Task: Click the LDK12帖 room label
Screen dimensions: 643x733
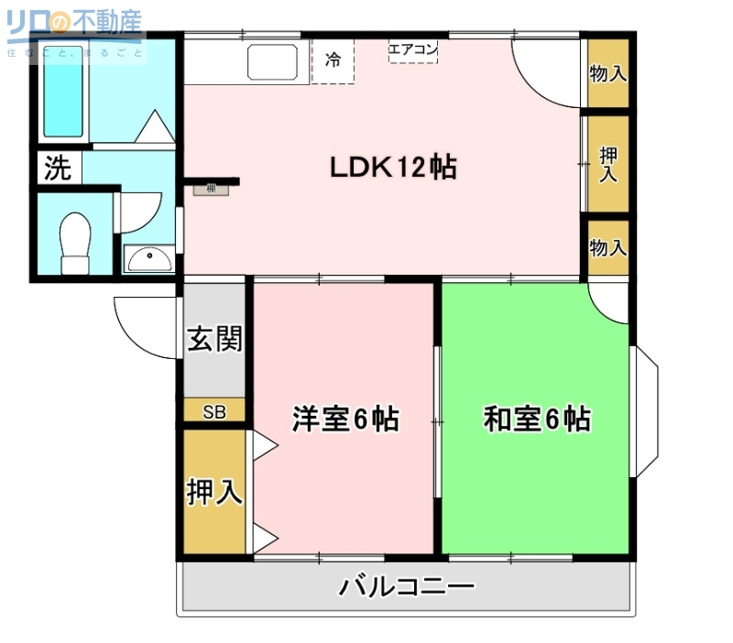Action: click(394, 167)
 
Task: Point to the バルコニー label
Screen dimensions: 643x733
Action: click(407, 586)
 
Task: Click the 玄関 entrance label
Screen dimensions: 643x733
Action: click(214, 339)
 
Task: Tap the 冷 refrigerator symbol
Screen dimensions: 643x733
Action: click(333, 61)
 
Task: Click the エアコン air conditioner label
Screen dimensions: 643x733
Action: click(412, 49)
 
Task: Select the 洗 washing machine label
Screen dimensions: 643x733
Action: click(58, 169)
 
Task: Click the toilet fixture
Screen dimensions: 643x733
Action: click(74, 242)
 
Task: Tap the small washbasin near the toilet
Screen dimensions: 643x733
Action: click(148, 259)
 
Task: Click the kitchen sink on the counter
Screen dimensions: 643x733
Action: click(273, 62)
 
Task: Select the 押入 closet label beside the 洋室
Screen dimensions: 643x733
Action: click(214, 492)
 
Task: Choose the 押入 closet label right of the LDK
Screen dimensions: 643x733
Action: click(607, 164)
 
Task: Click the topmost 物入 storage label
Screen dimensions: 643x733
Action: click(607, 73)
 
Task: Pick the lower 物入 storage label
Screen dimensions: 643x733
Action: click(607, 247)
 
